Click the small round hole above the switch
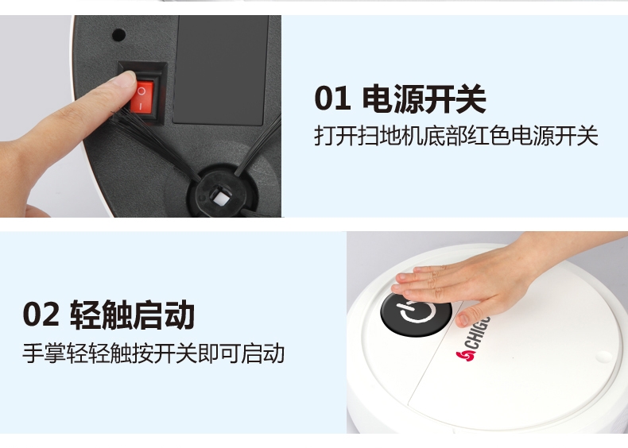pos(118,35)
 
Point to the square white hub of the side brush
pos(219,197)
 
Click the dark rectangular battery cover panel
pos(221,70)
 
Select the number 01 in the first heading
pos(332,98)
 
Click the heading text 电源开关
pos(424,98)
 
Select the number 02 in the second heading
pos(41,315)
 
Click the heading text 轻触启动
pos(133,315)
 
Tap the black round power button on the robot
pos(416,314)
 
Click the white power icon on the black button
pos(416,312)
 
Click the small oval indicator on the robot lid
pos(603,356)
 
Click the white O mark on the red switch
pos(141,91)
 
